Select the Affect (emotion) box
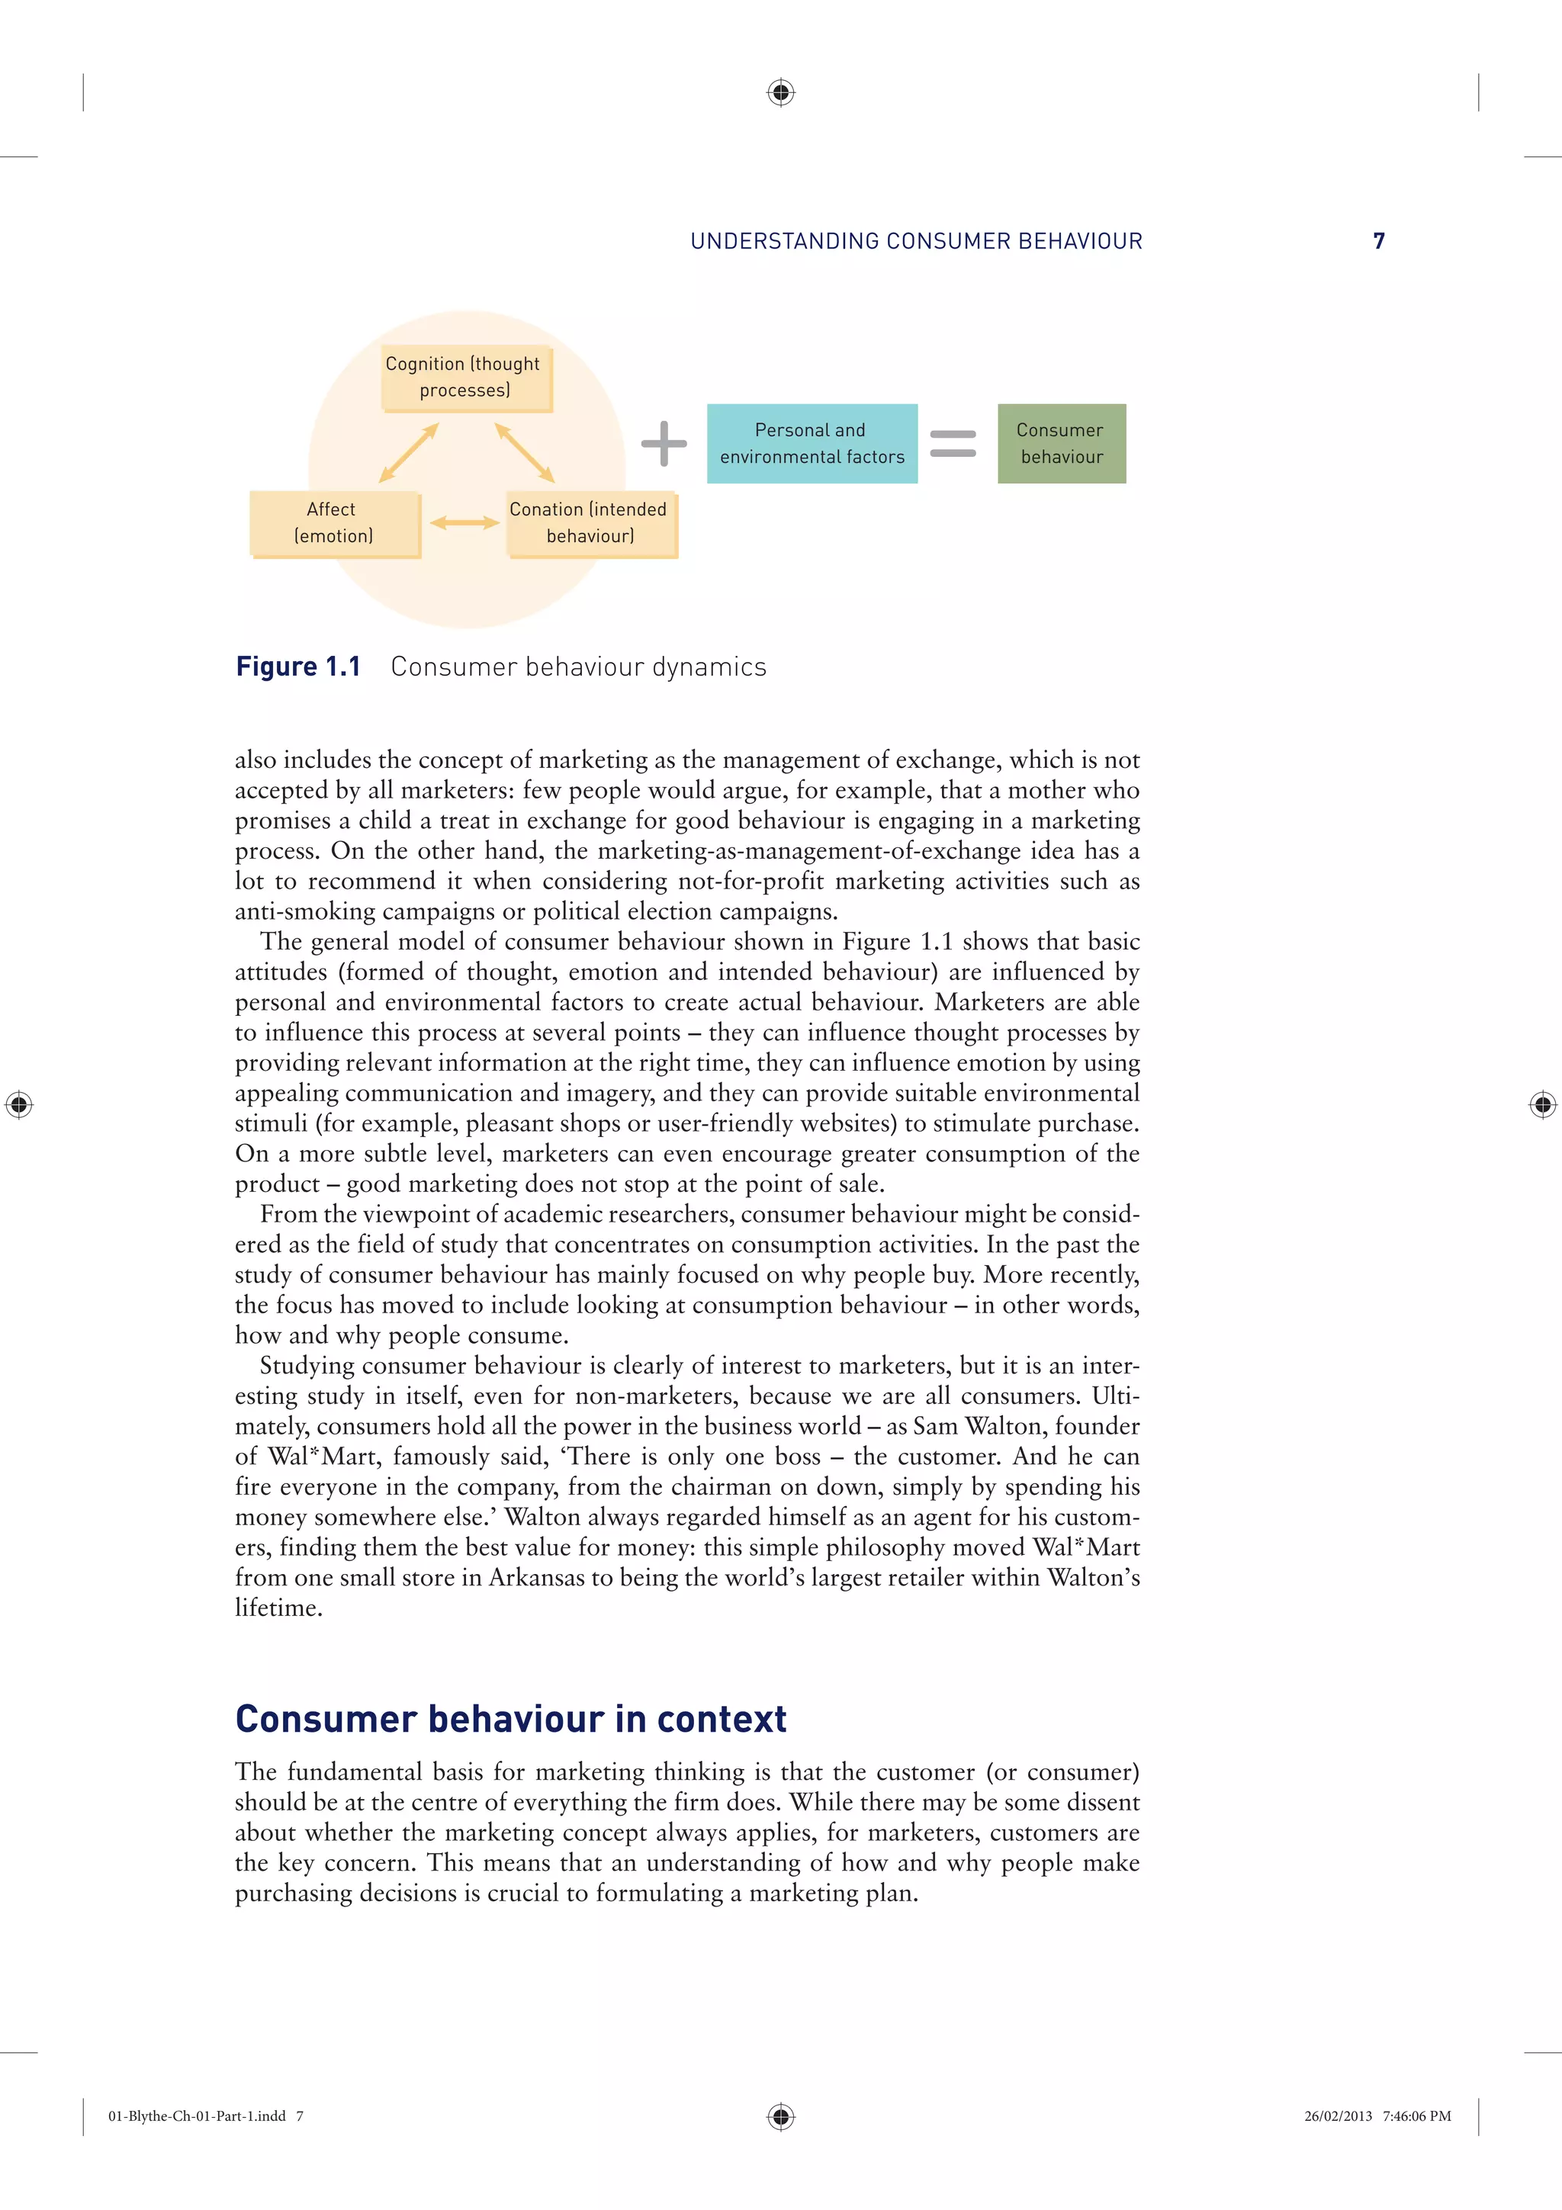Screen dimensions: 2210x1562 click(x=334, y=522)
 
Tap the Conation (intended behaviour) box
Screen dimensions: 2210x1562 click(x=590, y=522)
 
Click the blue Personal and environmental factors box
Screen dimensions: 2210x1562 click(x=812, y=443)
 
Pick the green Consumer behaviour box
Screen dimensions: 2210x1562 click(x=1061, y=443)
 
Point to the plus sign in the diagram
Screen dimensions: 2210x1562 click(x=664, y=444)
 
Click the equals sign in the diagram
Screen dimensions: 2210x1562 click(x=953, y=444)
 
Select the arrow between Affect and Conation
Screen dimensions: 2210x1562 click(x=464, y=522)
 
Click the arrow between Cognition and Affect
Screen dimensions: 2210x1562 click(x=409, y=452)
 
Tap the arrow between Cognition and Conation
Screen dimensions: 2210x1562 click(x=525, y=452)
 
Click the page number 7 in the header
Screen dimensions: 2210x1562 click(x=1378, y=241)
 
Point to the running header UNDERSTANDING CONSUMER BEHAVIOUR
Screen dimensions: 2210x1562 click(x=916, y=242)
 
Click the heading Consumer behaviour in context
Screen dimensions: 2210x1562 click(x=510, y=1719)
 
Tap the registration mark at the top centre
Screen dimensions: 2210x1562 click(x=780, y=92)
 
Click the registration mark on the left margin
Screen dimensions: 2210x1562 click(x=18, y=1104)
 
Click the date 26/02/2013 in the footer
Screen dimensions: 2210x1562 click(x=1338, y=2115)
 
